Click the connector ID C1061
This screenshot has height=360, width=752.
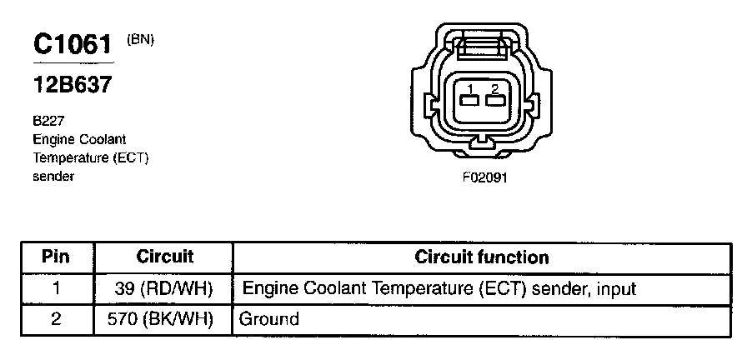[x=73, y=46]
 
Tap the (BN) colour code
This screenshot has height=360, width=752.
[x=140, y=39]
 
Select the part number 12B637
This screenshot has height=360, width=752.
[x=73, y=85]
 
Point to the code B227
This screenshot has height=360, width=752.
[x=48, y=120]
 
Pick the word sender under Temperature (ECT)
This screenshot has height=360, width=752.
[x=54, y=177]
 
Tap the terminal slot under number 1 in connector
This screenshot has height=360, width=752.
[x=469, y=102]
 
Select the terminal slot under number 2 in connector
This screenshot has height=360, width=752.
[x=495, y=102]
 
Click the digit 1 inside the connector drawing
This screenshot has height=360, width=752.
[x=470, y=88]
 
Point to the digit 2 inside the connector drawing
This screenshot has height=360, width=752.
[x=495, y=88]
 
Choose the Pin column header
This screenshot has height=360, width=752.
[x=56, y=257]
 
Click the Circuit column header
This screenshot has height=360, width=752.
[x=164, y=257]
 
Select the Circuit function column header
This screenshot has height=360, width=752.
[x=482, y=257]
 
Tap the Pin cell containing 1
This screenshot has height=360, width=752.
[x=56, y=289]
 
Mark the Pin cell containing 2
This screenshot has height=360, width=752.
[x=56, y=319]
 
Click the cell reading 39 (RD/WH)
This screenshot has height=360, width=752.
[x=163, y=289]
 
